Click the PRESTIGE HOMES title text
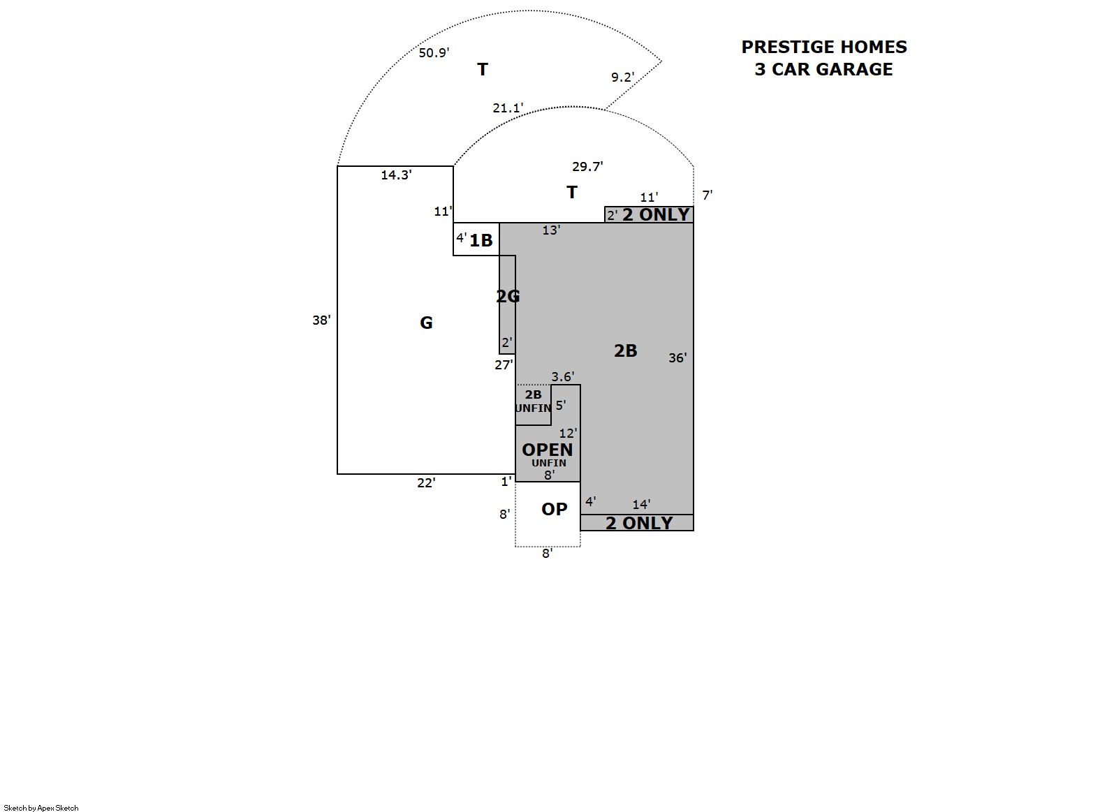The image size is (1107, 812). coord(824,47)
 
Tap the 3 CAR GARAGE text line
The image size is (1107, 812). coord(824,69)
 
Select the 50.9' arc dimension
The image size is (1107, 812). coord(434,53)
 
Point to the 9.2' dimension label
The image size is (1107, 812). coord(623,77)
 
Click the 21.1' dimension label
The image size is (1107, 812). coord(508,108)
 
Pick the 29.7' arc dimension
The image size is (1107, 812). coord(587,166)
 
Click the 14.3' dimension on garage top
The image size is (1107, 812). coord(396,175)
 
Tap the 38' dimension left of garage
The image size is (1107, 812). coord(321,320)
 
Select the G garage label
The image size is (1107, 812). coord(426,323)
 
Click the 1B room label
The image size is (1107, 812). coord(481,241)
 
